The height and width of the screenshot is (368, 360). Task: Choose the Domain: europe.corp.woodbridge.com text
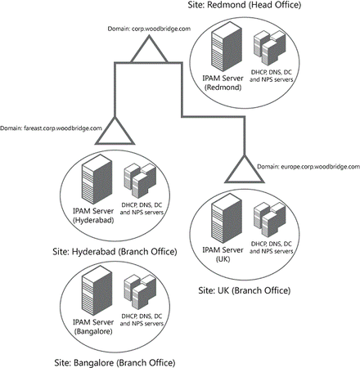[307, 166]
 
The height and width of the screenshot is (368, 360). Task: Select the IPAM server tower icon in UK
[222, 221]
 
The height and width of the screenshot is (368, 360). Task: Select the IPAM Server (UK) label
[223, 255]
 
